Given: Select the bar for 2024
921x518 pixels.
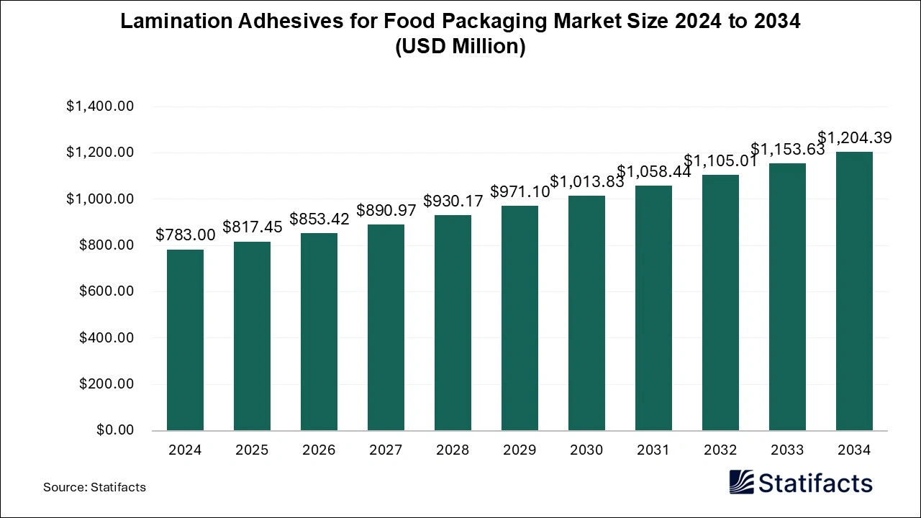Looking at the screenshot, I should point(185,340).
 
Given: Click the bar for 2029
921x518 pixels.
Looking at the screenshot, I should point(520,318).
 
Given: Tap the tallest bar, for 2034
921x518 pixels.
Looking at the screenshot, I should point(854,291).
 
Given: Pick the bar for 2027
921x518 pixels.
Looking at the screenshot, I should point(386,327).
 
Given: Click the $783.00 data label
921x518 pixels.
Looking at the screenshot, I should point(185,235).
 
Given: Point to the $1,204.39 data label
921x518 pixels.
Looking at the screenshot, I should point(854,137).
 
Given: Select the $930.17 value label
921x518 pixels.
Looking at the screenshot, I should point(453,201).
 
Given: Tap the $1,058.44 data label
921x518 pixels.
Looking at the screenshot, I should point(653,171).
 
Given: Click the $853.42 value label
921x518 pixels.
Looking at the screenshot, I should point(319,219).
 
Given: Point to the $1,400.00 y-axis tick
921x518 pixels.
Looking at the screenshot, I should point(100,106).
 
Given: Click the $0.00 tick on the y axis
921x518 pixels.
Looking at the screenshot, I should point(115,430).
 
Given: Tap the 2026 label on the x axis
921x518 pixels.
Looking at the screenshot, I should point(319,450).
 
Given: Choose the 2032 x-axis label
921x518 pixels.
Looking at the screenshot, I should point(720,450).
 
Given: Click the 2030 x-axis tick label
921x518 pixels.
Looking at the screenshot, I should point(586,450).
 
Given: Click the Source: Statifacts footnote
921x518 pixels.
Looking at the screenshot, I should point(94,487).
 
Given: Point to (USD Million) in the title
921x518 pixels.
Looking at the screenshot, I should point(460,47).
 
